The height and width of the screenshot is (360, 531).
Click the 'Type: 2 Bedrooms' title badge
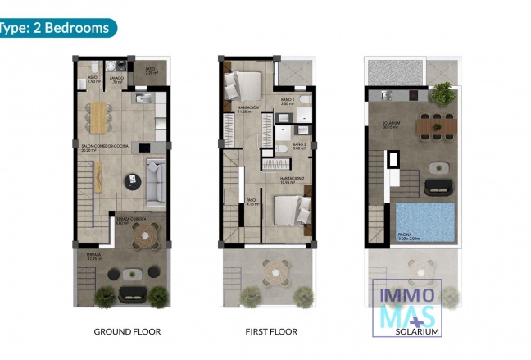(56, 27)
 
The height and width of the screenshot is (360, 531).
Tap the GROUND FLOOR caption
(127, 331)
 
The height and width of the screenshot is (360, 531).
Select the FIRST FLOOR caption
(271, 331)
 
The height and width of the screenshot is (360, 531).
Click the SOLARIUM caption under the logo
(418, 331)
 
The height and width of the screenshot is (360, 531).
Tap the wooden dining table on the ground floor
(100, 116)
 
